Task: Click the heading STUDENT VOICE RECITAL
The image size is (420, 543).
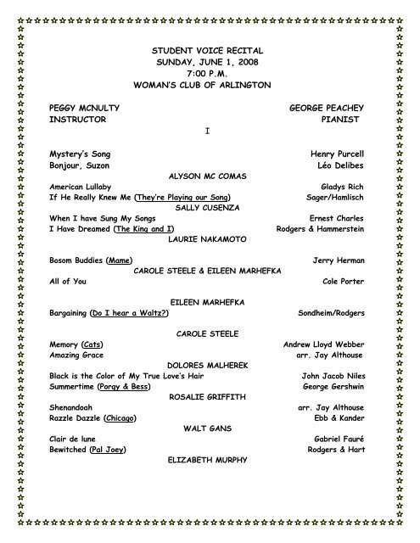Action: [208, 52]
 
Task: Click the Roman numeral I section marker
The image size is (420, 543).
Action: [207, 132]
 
